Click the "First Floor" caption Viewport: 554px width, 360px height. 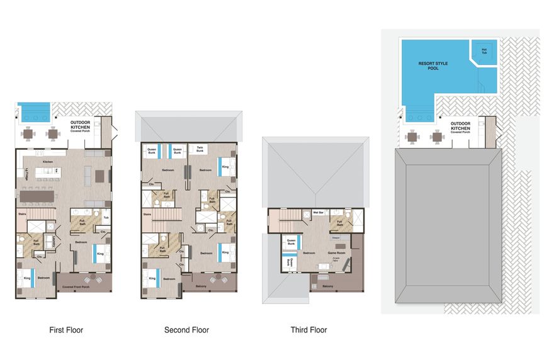tap(66, 330)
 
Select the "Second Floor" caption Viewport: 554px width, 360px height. tap(186, 330)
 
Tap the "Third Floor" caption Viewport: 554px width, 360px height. tap(308, 330)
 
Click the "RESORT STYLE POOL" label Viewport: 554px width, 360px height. tap(429, 65)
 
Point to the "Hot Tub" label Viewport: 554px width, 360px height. tap(485, 51)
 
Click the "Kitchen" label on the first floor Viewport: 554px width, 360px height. tap(47, 162)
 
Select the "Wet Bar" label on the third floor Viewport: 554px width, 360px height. tap(319, 213)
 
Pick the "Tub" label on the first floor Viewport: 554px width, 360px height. tap(106, 218)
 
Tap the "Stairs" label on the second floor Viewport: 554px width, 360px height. tap(147, 215)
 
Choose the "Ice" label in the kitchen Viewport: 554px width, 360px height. tap(57, 170)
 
